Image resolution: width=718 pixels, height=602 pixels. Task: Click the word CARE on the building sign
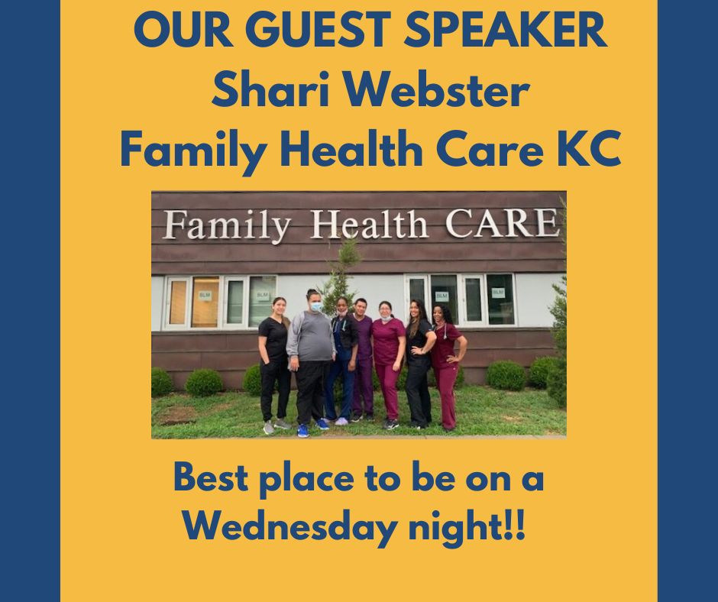click(503, 224)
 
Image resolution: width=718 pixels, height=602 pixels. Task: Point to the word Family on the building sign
click(227, 226)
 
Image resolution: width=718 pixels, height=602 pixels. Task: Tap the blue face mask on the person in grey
click(315, 306)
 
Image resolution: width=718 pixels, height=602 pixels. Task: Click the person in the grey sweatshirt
click(310, 362)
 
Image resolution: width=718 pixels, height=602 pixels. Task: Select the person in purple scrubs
click(363, 360)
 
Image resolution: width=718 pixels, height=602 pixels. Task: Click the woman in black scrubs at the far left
click(273, 365)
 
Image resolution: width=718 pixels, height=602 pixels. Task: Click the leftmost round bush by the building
click(161, 382)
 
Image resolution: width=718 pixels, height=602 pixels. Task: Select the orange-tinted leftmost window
click(178, 302)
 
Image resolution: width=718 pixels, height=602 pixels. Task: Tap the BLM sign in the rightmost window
click(498, 292)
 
